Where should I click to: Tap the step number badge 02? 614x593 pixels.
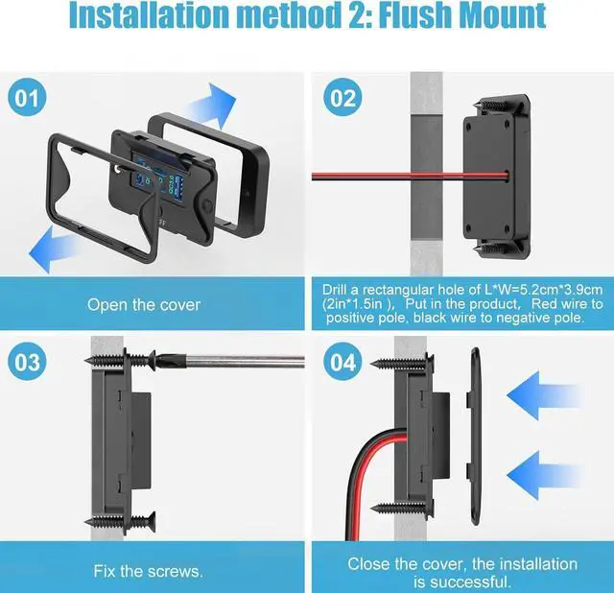click(x=342, y=99)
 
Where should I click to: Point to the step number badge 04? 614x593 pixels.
click(x=342, y=364)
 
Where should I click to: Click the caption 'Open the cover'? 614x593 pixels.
click(x=144, y=304)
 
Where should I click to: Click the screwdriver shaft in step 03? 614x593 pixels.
click(x=240, y=363)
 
